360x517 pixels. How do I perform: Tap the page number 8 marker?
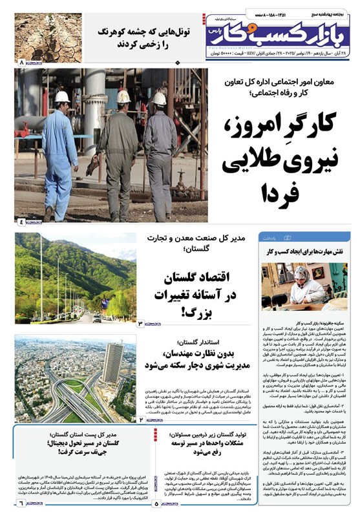(x=22, y=63)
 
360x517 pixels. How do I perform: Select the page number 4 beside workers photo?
(x=21, y=222)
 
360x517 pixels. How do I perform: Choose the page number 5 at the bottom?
(x=157, y=502)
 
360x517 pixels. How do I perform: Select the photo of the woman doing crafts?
(x=304, y=285)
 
